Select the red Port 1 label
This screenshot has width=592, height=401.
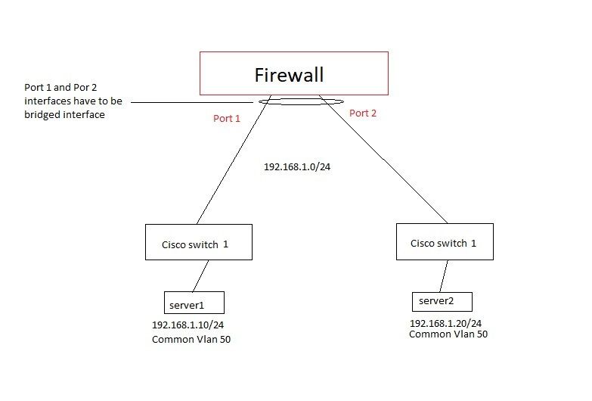pos(228,118)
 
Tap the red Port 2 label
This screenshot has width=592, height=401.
pos(363,113)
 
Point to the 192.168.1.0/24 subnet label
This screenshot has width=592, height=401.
pos(297,166)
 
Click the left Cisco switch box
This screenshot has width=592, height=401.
pos(198,243)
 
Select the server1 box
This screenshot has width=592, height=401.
pos(194,303)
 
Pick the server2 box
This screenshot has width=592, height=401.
pos(442,301)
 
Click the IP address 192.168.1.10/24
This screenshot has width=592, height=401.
pos(191,325)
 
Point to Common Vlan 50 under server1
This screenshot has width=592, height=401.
pos(191,340)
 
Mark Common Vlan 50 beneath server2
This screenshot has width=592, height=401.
pos(448,334)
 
